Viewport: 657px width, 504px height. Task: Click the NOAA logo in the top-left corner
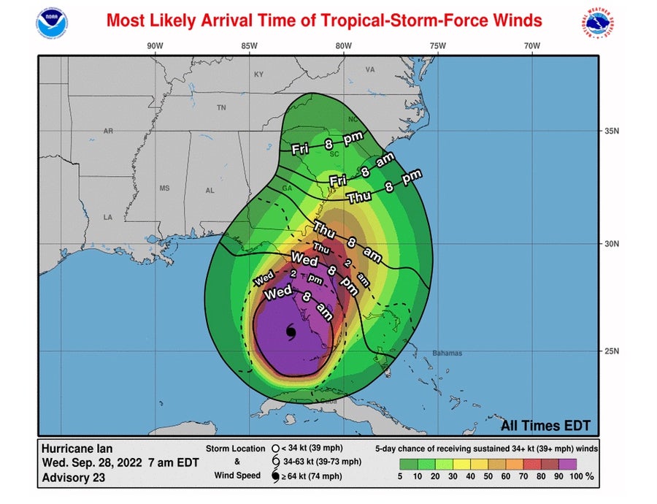(51, 23)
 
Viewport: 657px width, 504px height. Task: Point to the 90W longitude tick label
(154, 46)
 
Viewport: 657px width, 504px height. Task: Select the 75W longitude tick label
(437, 46)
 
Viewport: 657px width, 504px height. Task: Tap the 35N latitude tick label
(612, 131)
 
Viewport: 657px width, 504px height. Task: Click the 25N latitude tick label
(612, 351)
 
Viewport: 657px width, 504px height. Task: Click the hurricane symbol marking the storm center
(291, 332)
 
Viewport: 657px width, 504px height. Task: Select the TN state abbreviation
(222, 107)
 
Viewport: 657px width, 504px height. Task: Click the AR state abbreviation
(108, 131)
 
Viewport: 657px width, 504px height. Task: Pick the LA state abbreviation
(108, 218)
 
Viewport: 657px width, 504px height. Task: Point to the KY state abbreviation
(258, 75)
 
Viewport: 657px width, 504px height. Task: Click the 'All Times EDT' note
(545, 426)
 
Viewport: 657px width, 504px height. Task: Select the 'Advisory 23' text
(73, 478)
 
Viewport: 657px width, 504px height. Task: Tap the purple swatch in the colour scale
(567, 463)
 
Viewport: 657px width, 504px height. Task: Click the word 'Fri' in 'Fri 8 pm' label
(300, 149)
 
